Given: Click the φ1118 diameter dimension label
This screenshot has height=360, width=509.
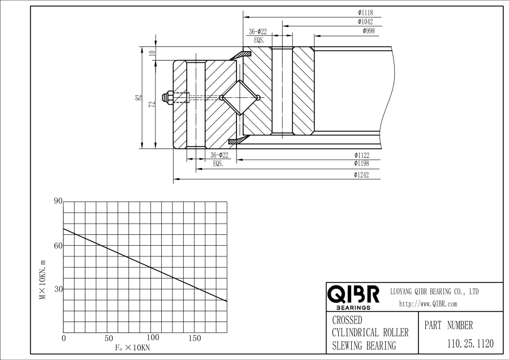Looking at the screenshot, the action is click(365, 12).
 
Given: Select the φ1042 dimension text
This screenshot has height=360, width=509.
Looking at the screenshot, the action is click(365, 22).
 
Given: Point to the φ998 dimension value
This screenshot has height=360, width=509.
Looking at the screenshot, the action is click(369, 31).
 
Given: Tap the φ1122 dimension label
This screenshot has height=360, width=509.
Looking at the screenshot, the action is click(361, 155).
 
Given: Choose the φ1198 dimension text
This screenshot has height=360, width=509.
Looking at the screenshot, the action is click(361, 163).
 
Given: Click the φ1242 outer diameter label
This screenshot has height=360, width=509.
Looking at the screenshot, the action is click(361, 175).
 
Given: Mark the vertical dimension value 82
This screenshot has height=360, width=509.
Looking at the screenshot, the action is click(139, 97).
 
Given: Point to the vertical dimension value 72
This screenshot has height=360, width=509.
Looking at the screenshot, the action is click(152, 104).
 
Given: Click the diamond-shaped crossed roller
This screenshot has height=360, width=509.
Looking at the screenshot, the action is click(240, 97).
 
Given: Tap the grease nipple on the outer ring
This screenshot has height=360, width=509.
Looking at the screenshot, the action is click(167, 97).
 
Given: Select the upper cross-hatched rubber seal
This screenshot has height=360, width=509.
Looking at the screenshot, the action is click(240, 55).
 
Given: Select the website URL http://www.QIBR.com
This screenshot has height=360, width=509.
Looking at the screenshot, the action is click(428, 304).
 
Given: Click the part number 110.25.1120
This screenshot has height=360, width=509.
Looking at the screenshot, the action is click(471, 344).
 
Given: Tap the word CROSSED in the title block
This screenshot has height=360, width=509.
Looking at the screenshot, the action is click(347, 320).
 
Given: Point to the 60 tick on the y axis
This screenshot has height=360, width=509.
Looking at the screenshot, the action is click(58, 246).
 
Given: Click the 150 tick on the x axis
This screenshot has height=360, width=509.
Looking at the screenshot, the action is click(195, 338).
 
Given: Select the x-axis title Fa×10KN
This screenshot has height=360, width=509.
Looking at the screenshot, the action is click(132, 348).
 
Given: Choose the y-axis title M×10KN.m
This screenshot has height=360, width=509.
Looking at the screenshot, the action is click(42, 280).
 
